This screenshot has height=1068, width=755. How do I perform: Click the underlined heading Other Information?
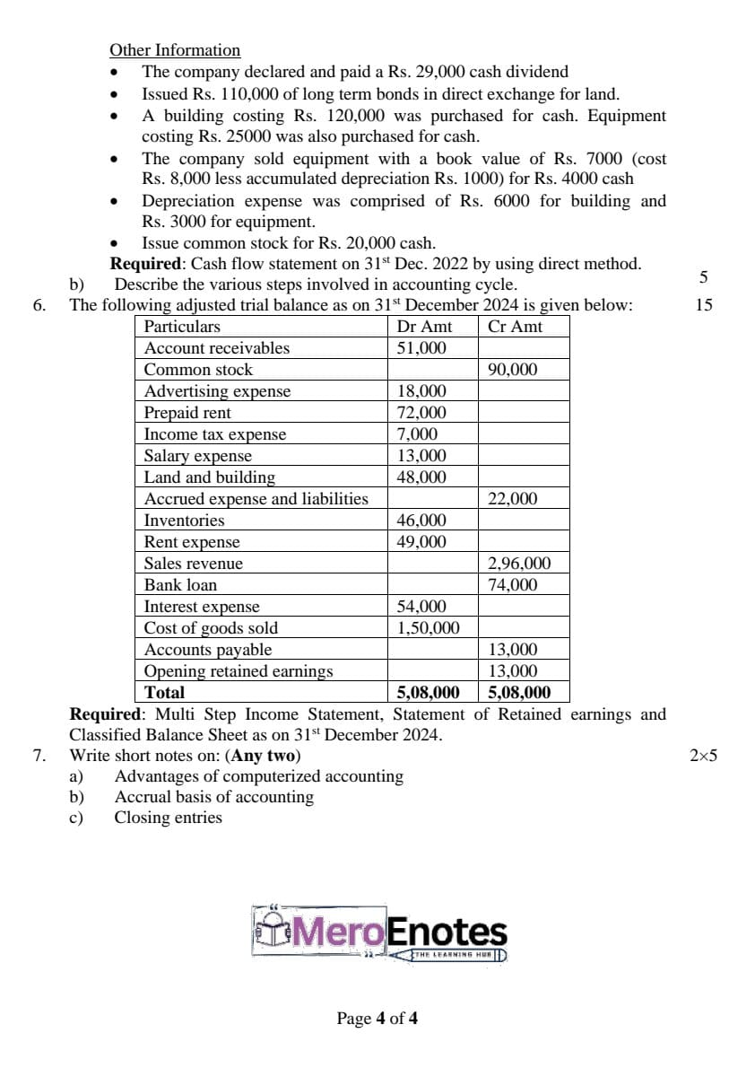[175, 50]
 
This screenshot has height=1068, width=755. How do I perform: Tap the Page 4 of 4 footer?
[377, 1018]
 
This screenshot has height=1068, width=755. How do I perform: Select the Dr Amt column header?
[424, 327]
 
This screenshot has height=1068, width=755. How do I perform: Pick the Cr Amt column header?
[515, 327]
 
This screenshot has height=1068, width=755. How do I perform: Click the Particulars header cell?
[182, 327]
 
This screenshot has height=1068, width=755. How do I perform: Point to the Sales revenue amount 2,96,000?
[519, 564]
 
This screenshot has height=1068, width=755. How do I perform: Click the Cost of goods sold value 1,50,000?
[429, 628]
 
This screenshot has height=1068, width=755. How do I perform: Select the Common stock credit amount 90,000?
[512, 370]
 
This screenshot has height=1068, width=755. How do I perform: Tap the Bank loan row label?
[181, 585]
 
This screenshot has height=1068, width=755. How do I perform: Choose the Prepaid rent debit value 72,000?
[421, 413]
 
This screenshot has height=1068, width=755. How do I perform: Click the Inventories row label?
[185, 521]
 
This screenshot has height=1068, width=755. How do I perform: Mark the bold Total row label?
[164, 693]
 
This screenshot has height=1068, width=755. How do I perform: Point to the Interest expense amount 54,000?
[421, 607]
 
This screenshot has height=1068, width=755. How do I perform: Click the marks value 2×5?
[703, 755]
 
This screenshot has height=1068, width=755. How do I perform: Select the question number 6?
[39, 305]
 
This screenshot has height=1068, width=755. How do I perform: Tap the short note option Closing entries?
[168, 817]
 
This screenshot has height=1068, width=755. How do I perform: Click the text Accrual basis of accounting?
[214, 796]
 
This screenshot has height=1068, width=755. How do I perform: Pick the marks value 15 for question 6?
[703, 305]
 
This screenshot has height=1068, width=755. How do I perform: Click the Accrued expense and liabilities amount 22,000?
[512, 499]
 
